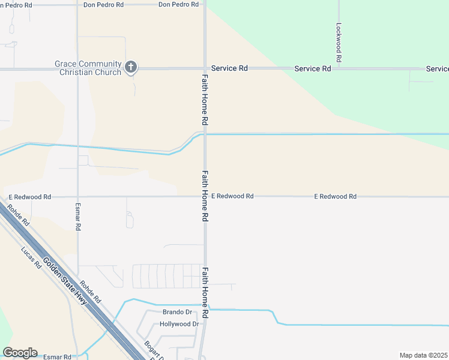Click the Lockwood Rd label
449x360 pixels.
[x=339, y=43]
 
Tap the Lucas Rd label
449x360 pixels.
[x=29, y=257]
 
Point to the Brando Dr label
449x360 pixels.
[x=177, y=312]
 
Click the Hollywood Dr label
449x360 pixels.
[x=179, y=324]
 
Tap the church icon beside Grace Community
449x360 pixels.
[x=131, y=67]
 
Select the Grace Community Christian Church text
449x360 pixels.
[x=88, y=68]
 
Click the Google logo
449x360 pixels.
[x=20, y=352]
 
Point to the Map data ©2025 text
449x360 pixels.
[x=424, y=355]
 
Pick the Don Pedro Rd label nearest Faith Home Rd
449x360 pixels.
[x=178, y=4]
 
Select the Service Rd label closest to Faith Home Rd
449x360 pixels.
[x=229, y=68]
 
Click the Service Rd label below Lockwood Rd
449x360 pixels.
[x=313, y=68]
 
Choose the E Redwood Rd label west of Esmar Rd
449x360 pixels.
[x=30, y=197]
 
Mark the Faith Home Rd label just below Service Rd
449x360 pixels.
[x=205, y=100]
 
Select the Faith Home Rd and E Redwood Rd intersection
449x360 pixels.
[x=205, y=196]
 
